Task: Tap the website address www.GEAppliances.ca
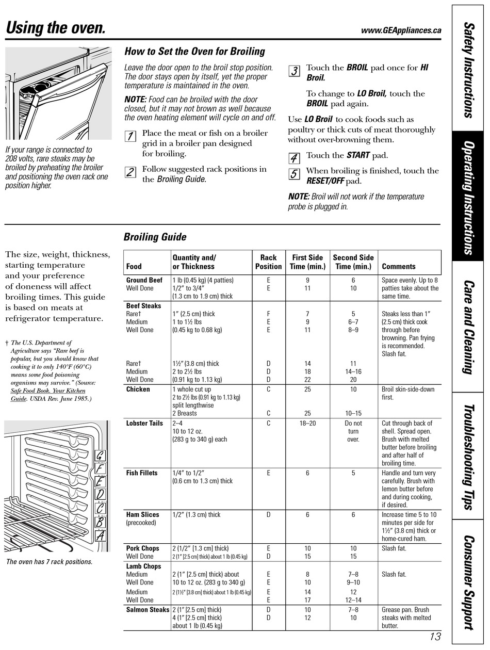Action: click(401, 30)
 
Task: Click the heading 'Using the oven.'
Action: click(56, 27)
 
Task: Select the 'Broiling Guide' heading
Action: click(155, 237)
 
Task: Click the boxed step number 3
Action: click(294, 71)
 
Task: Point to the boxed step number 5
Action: click(294, 174)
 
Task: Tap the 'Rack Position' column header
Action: click(268, 262)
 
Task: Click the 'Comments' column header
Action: click(398, 267)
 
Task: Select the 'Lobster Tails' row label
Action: click(144, 424)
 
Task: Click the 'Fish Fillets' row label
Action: click(142, 473)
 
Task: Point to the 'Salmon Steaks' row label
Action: click(148, 610)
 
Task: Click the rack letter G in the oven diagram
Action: click(100, 456)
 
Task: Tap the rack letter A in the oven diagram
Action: click(101, 535)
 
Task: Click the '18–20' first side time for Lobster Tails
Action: click(307, 424)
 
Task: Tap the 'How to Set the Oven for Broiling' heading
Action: click(194, 52)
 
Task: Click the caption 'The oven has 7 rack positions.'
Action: click(50, 562)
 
